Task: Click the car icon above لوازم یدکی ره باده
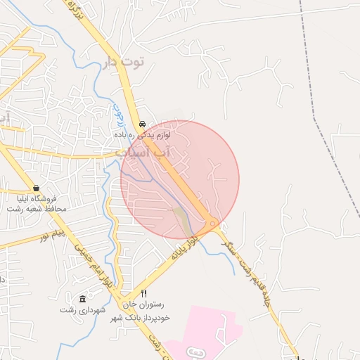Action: [142, 122]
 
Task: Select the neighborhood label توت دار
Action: [123, 63]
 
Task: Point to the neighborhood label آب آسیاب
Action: [147, 151]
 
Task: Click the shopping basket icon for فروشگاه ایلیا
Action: [36, 188]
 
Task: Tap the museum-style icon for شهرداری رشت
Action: [82, 298]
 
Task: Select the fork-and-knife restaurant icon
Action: [143, 294]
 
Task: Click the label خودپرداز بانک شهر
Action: [145, 318]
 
